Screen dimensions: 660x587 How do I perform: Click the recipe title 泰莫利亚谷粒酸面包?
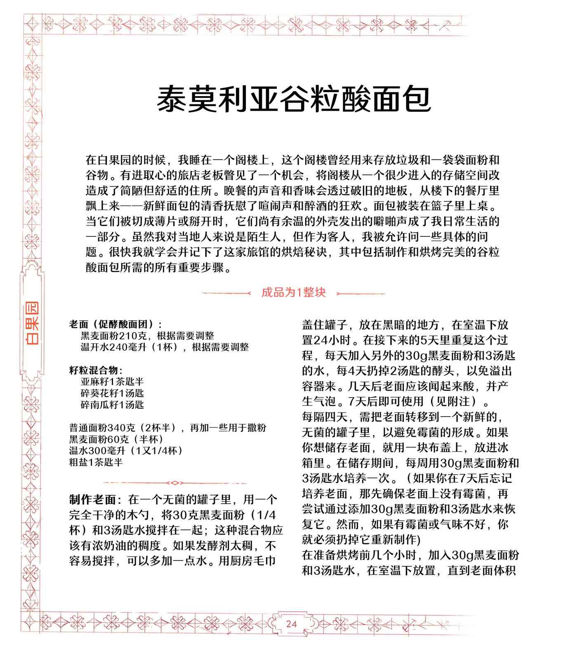pyautogui.click(x=294, y=99)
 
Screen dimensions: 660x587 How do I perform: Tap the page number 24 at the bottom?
pyautogui.click(x=291, y=624)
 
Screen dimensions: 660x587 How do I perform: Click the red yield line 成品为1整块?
pyautogui.click(x=293, y=292)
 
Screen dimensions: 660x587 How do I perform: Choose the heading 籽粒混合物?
pyautogui.click(x=96, y=370)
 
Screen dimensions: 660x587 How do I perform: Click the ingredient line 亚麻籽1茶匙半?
pyautogui.click(x=112, y=382)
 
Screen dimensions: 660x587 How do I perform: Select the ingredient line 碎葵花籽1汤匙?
pyautogui.click(x=112, y=393)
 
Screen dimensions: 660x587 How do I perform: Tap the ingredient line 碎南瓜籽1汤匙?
pyautogui.click(x=112, y=405)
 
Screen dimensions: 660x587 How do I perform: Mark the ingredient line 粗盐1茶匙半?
pyautogui.click(x=96, y=462)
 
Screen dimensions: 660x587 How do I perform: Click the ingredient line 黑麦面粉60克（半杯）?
pyautogui.click(x=116, y=439)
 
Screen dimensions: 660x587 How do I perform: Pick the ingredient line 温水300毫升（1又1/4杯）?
pyautogui.click(x=126, y=450)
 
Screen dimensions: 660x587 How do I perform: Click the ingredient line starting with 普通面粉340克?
pyautogui.click(x=167, y=428)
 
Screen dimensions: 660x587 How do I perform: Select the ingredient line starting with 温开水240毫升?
pyautogui.click(x=165, y=347)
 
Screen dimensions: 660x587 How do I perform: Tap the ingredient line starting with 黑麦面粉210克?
pyautogui.click(x=147, y=335)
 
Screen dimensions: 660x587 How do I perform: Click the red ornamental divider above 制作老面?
pyautogui.click(x=174, y=482)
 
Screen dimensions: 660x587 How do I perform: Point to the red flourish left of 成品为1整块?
pyautogui.click(x=226, y=293)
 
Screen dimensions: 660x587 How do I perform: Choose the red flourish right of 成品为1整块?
pyautogui.click(x=361, y=293)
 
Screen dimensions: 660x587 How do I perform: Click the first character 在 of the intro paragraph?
pyautogui.click(x=91, y=160)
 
